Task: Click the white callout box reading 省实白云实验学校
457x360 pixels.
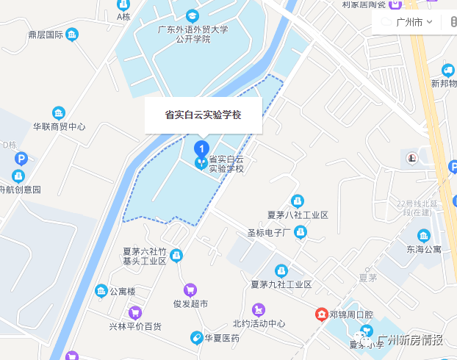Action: coord(203,115)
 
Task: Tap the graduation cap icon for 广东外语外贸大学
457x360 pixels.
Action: coord(192,15)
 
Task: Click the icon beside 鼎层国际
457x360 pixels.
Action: coord(72,35)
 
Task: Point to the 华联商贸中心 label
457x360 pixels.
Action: coord(59,126)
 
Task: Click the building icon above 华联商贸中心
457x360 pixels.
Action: coord(59,112)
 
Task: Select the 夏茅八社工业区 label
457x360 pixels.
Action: coord(298,215)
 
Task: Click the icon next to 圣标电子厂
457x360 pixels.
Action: coord(300,232)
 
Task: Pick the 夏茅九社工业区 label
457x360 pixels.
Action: coord(281,284)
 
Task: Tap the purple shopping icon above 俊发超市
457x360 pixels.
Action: coord(190,289)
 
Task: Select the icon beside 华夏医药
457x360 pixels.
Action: coord(196,338)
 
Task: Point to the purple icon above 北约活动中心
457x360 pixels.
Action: coord(258,309)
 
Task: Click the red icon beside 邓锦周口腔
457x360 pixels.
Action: coord(321,314)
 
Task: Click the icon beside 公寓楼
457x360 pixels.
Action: coord(101,292)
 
